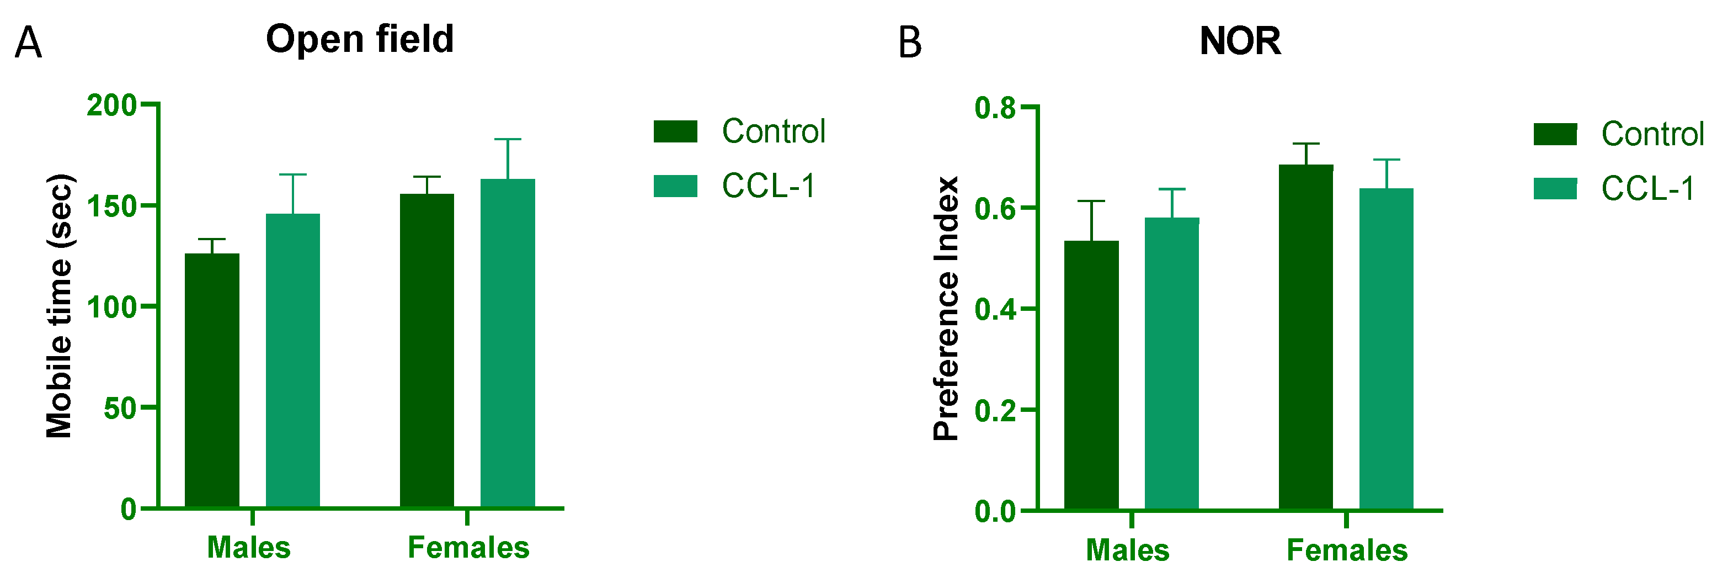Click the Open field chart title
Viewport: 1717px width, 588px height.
(360, 39)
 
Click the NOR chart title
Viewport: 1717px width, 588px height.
(1240, 41)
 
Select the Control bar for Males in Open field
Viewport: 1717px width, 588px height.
(212, 380)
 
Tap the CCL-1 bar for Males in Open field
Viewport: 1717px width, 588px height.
(292, 361)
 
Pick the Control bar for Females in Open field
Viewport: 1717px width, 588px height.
(426, 351)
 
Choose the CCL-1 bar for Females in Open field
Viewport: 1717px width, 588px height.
(508, 343)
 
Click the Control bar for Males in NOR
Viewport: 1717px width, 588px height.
(1091, 375)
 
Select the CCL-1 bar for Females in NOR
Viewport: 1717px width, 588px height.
(1387, 349)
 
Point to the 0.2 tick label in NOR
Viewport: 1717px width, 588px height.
(995, 410)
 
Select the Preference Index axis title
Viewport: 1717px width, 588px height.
(946, 308)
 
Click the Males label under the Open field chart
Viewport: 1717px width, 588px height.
(249, 548)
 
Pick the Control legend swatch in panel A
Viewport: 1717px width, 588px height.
(675, 131)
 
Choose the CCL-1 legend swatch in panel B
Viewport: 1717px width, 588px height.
(1555, 189)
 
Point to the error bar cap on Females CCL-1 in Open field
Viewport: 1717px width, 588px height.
(508, 139)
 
